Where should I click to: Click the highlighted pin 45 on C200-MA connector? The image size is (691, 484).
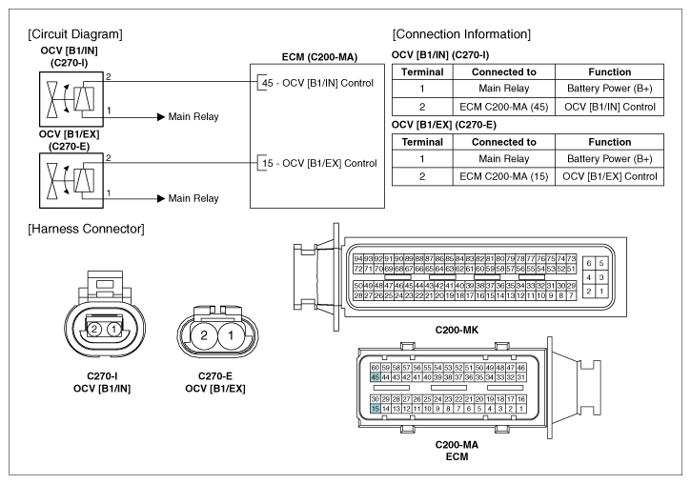pyautogui.click(x=375, y=377)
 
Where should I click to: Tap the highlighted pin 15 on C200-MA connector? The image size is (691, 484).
pyautogui.click(x=375, y=409)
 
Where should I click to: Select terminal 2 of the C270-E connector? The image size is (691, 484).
pyautogui.click(x=204, y=335)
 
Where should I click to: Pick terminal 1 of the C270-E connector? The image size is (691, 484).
pyautogui.click(x=231, y=335)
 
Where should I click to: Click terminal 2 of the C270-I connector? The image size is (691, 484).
pyautogui.click(x=93, y=329)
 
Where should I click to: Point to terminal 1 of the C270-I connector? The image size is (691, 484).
pyautogui.click(x=114, y=329)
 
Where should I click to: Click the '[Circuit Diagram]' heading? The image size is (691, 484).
pyautogui.click(x=75, y=34)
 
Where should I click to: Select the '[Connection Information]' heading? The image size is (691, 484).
pyautogui.click(x=461, y=34)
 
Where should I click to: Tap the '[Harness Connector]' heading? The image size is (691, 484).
pyautogui.click(x=86, y=229)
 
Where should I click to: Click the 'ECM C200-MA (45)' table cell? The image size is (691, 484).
pyautogui.click(x=503, y=107)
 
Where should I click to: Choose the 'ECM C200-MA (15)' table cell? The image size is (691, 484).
pyautogui.click(x=503, y=176)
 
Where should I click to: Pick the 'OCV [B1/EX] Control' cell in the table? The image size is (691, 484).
pyautogui.click(x=609, y=176)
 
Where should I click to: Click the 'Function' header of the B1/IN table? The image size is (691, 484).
pyautogui.click(x=609, y=71)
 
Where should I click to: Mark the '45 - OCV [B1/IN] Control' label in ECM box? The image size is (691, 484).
pyautogui.click(x=317, y=83)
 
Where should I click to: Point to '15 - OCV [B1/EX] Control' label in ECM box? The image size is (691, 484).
pyautogui.click(x=319, y=163)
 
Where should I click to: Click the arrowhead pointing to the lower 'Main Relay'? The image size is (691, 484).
pyautogui.click(x=161, y=198)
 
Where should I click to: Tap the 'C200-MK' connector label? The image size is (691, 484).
pyautogui.click(x=457, y=330)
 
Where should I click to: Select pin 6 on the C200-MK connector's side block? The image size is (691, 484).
pyautogui.click(x=589, y=263)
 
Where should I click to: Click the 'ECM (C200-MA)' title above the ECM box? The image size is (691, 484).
pyautogui.click(x=319, y=57)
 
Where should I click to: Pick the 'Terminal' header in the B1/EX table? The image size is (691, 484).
pyautogui.click(x=422, y=142)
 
